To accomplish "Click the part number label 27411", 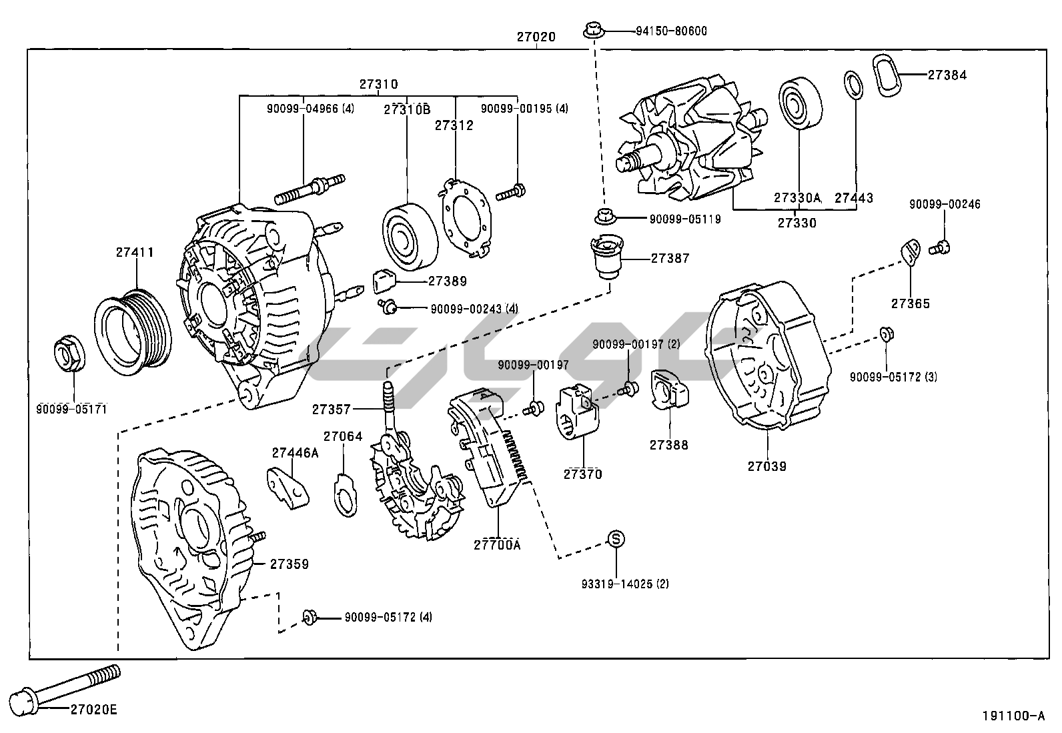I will [135, 253].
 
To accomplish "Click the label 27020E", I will [93, 710].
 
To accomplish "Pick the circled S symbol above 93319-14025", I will [616, 539].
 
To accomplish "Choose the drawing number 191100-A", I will [1012, 716].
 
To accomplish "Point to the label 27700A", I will [497, 545].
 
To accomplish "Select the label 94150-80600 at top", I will [661, 31].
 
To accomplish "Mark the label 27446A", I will [295, 453].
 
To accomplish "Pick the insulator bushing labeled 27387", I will [606, 259].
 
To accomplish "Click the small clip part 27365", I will [908, 253].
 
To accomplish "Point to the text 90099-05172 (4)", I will [388, 618].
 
